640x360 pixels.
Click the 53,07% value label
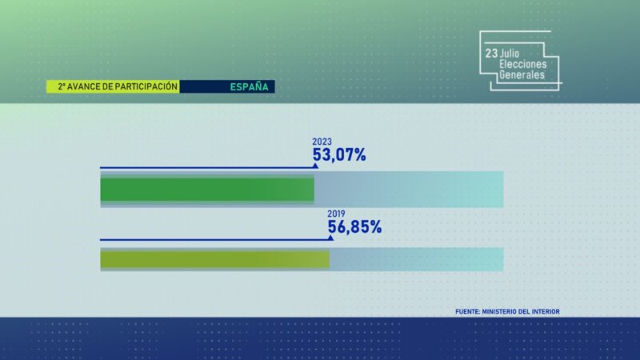[339, 155]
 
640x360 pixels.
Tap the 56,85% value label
[354, 227]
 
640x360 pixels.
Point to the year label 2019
[335, 214]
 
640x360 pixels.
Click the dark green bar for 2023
[206, 190]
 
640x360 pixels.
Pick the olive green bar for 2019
[214, 259]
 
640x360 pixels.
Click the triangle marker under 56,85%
[330, 237]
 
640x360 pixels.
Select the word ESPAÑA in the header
[249, 86]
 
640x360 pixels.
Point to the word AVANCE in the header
[83, 86]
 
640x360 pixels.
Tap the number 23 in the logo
[490, 52]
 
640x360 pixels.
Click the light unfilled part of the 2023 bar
[408, 190]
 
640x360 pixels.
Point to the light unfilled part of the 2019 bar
[416, 259]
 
